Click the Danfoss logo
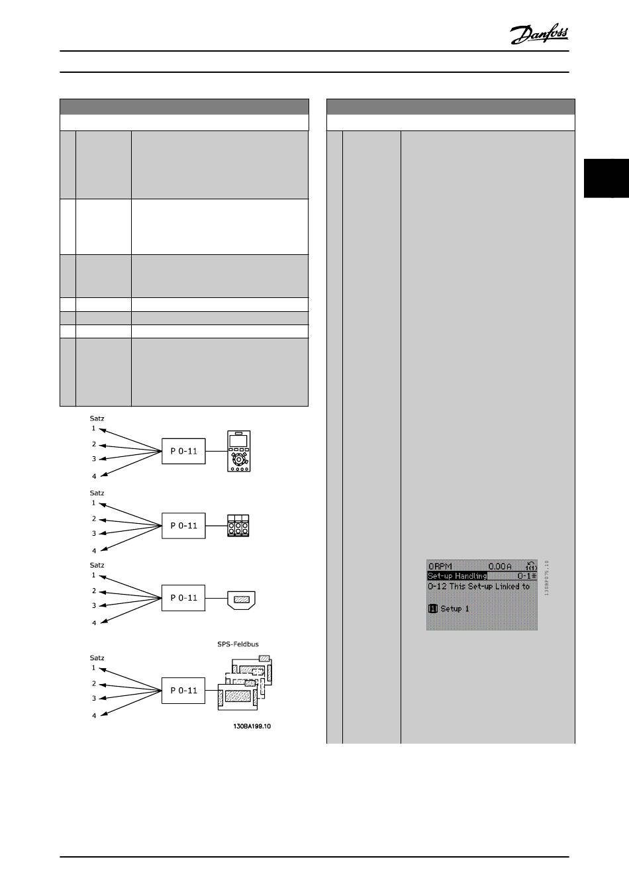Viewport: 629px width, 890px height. [539, 34]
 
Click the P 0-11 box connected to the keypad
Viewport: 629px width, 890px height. [184, 451]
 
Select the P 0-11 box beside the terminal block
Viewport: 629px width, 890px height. [184, 526]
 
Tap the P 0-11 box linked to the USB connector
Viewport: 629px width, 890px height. [184, 598]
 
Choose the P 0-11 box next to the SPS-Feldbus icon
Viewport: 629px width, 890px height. [184, 690]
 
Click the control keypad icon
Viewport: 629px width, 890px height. [239, 451]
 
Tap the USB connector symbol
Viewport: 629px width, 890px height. [241, 599]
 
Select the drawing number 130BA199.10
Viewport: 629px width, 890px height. [252, 726]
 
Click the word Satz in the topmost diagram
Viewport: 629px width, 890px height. [97, 418]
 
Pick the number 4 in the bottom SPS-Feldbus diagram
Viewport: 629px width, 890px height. [94, 715]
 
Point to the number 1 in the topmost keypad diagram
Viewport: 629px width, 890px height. [93, 428]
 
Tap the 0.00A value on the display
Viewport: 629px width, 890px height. [500, 566]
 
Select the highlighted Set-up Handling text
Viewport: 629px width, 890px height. [458, 576]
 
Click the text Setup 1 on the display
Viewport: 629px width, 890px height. [454, 609]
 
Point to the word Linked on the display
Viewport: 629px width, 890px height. [497, 586]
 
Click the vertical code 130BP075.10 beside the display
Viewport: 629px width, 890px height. [547, 577]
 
